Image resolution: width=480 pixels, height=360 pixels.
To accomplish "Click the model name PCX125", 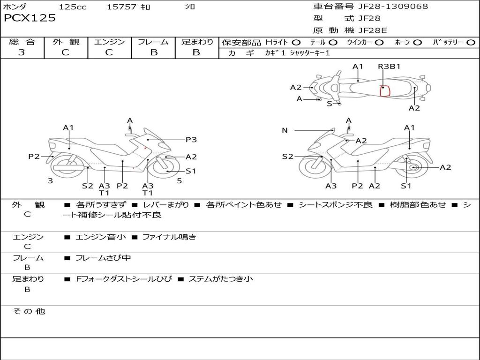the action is [30, 18].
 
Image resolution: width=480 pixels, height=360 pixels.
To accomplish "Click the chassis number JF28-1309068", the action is [393, 6].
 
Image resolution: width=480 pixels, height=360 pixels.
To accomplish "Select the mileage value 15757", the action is [121, 7].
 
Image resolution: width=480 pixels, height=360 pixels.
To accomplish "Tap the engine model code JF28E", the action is [373, 30].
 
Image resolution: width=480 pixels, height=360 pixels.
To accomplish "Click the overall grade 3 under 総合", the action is [22, 52].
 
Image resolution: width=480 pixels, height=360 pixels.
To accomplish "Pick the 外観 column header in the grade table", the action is [66, 42].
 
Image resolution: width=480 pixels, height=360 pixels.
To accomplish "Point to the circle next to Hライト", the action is [296, 43].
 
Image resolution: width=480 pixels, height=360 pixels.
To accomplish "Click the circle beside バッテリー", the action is [471, 43].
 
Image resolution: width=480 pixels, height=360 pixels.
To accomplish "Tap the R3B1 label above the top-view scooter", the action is [389, 67].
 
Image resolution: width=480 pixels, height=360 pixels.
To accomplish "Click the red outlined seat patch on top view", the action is [385, 91].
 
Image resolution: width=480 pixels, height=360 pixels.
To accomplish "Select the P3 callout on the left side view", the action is [191, 140].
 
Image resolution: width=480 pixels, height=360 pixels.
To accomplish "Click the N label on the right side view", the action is [285, 130].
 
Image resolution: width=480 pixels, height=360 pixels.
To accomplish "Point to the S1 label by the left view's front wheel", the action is [191, 171].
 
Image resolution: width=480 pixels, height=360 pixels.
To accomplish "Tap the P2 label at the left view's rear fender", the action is [34, 157].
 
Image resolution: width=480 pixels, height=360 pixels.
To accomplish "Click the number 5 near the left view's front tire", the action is [180, 181].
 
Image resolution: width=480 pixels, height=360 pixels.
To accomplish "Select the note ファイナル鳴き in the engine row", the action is [169, 237].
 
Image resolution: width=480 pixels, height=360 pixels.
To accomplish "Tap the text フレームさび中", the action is [103, 258].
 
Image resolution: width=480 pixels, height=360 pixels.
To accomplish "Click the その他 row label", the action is [29, 311].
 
